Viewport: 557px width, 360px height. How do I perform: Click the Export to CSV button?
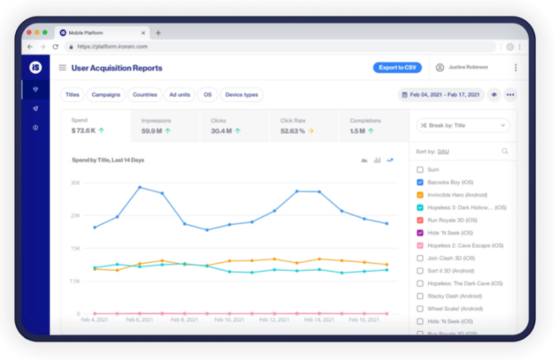point(397,67)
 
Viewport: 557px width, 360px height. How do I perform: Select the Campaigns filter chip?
point(105,95)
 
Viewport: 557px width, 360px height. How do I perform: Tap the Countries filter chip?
point(145,95)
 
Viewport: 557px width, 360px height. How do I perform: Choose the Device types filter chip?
point(242,95)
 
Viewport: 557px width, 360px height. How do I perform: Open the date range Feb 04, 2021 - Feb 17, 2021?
point(440,95)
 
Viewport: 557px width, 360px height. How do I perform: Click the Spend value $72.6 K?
point(85,131)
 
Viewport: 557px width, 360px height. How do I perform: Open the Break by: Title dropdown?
point(463,126)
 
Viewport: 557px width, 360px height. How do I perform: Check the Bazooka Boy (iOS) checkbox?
point(420,183)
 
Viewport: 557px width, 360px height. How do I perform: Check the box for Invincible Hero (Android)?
point(420,195)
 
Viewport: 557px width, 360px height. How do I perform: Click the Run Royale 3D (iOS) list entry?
point(450,220)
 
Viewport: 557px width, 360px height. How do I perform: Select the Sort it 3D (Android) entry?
point(450,271)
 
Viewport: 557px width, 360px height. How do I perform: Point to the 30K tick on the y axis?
point(75,183)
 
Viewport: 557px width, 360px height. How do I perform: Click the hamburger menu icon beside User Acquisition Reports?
point(62,67)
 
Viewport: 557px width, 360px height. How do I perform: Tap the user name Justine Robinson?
point(468,67)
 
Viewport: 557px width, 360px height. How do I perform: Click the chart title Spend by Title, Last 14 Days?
point(108,160)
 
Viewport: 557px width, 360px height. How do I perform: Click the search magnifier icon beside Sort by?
point(505,152)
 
